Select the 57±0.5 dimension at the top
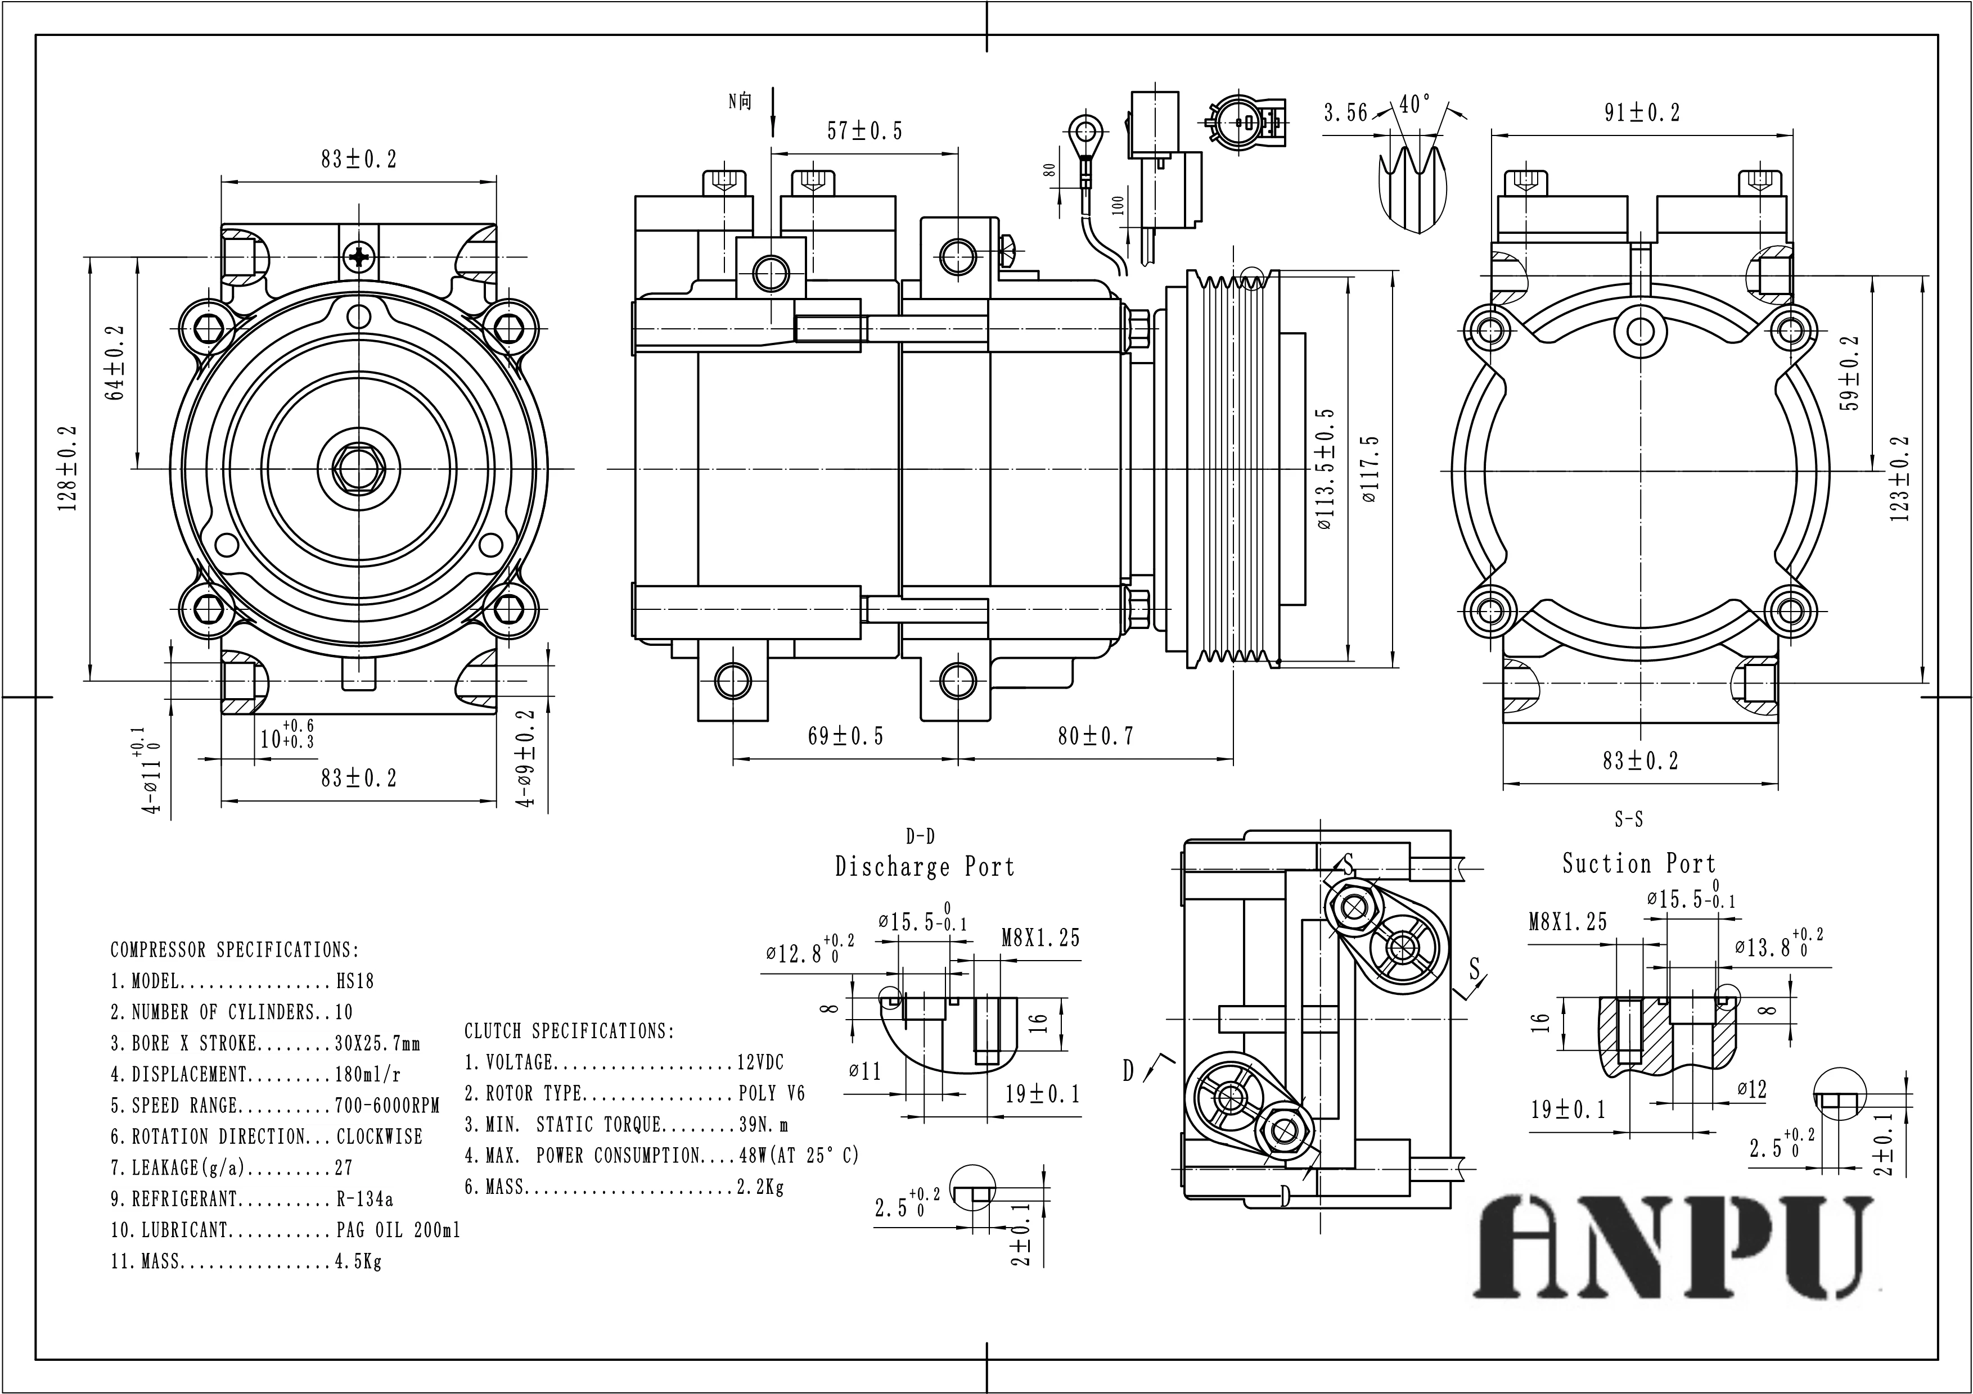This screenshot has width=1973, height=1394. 864,132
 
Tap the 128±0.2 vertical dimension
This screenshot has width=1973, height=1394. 69,468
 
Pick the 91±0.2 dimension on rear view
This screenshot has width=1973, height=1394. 1641,112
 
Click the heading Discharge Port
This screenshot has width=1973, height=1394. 925,867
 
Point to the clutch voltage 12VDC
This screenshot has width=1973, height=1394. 760,1062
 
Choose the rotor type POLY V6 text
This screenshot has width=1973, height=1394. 772,1093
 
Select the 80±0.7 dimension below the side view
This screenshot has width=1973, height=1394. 1095,736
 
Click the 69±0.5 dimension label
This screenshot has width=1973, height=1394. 845,736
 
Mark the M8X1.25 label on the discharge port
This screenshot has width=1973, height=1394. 1040,938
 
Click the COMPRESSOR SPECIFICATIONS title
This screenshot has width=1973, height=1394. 235,950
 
